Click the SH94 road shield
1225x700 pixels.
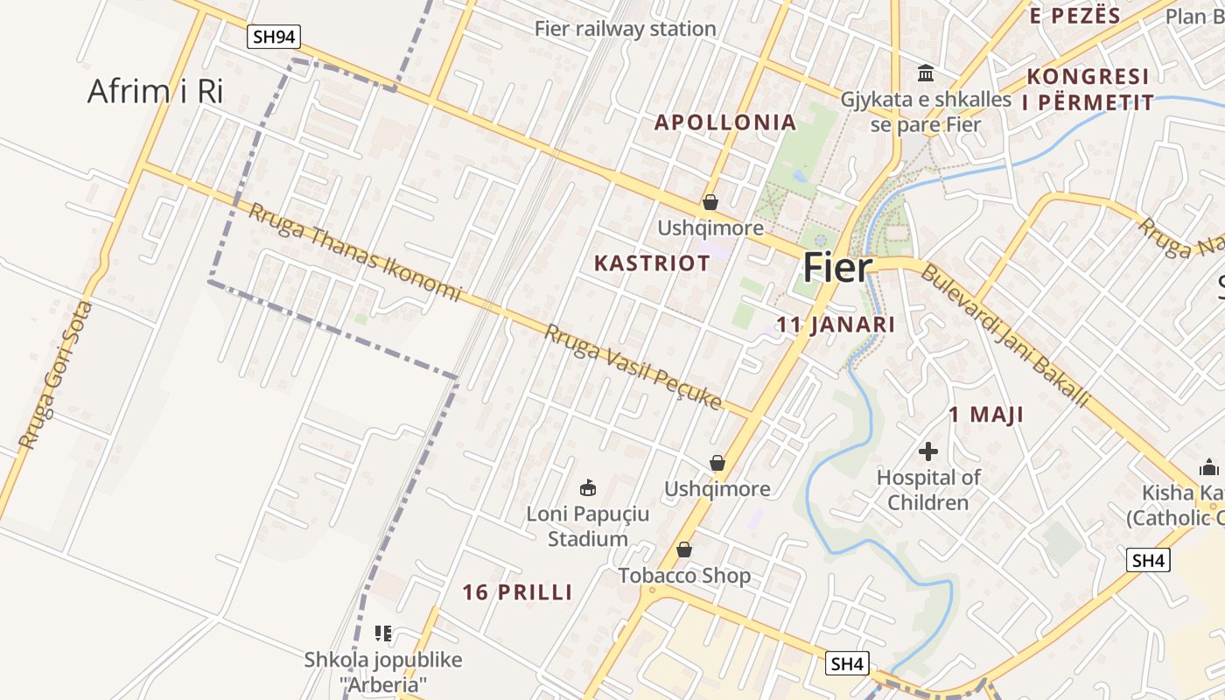point(274,37)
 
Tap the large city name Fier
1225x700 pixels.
point(838,268)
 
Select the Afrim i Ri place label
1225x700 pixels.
point(156,91)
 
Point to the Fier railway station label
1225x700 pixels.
point(625,29)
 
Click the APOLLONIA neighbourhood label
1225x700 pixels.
point(725,122)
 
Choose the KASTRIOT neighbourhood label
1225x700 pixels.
point(652,263)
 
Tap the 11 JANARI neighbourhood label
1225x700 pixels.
point(836,325)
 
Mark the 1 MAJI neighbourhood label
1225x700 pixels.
point(986,415)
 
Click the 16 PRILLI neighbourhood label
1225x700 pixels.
point(517,592)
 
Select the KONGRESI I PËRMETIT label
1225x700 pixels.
point(1088,89)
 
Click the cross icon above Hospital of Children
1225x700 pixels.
point(928,451)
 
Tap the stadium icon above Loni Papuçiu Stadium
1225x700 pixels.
point(588,487)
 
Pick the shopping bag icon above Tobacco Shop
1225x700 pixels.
point(684,549)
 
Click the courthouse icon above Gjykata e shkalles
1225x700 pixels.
point(926,73)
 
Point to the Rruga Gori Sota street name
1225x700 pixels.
point(55,376)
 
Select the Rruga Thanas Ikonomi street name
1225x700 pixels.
point(353,251)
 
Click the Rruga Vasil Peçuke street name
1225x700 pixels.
point(633,367)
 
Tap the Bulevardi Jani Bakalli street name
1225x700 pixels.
point(1004,335)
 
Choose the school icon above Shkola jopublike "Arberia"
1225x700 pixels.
point(382,633)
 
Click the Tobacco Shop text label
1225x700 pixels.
point(684,576)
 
